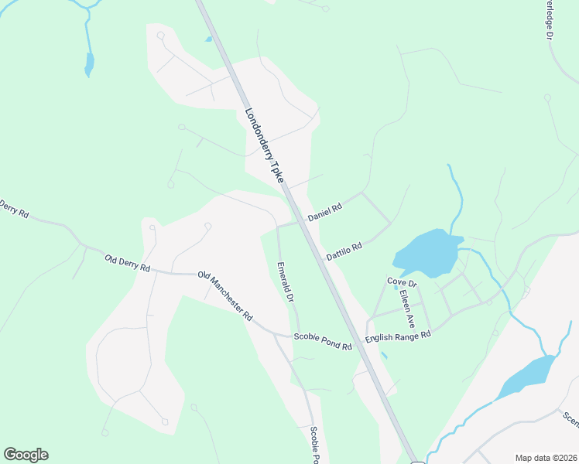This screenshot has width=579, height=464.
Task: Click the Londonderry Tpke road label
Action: click(x=265, y=144)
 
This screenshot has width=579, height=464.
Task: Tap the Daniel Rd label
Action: click(x=324, y=213)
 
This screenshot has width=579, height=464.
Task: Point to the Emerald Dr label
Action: click(x=286, y=281)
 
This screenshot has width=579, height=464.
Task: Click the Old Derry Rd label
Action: click(x=127, y=261)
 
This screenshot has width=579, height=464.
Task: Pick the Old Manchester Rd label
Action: click(x=225, y=295)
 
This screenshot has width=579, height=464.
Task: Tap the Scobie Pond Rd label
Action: click(x=323, y=341)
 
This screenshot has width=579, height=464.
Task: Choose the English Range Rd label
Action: click(x=398, y=336)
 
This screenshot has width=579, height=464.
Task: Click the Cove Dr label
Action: click(x=402, y=284)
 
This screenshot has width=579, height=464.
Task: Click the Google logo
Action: click(x=26, y=455)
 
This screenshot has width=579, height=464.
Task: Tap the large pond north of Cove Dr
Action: click(x=427, y=252)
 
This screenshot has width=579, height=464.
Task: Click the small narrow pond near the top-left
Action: click(x=89, y=64)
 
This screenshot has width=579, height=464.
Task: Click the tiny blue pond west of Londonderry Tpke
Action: click(x=208, y=39)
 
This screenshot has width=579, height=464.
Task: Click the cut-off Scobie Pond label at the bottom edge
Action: click(x=315, y=445)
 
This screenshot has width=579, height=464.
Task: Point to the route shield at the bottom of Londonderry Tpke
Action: click(x=416, y=459)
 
